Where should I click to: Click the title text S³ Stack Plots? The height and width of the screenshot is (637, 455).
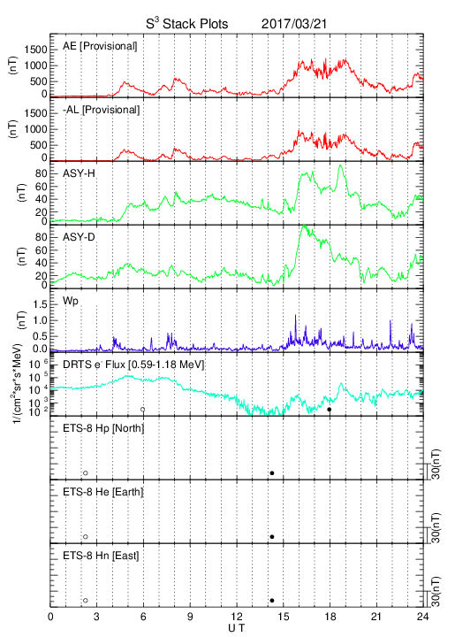click(187, 24)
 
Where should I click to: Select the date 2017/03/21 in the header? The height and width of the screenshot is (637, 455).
click(294, 24)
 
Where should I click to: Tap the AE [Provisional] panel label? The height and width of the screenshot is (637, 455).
click(100, 46)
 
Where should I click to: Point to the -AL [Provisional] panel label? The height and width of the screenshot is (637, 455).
click(101, 110)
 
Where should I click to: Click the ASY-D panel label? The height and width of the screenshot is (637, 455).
click(79, 237)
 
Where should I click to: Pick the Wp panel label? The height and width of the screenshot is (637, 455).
click(70, 301)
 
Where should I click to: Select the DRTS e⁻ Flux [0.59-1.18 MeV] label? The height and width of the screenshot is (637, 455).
click(133, 365)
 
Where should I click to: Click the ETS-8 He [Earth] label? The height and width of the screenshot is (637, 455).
click(103, 492)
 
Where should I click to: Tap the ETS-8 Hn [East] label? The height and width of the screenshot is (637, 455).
click(101, 556)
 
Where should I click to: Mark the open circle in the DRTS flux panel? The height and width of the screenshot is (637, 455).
click(143, 410)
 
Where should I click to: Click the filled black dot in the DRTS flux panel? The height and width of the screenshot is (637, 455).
click(330, 410)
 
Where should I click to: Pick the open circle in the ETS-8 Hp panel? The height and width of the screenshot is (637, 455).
click(86, 472)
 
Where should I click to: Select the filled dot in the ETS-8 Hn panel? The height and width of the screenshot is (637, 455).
click(272, 601)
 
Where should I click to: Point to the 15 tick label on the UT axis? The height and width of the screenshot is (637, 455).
click(284, 617)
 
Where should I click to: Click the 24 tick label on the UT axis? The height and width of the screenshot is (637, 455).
click(422, 617)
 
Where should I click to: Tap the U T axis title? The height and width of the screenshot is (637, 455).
click(237, 628)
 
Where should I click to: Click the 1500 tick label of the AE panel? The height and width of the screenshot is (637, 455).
click(35, 50)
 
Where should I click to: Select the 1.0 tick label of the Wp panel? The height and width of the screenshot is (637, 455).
click(40, 320)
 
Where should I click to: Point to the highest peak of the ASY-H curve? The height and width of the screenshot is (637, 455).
click(340, 165)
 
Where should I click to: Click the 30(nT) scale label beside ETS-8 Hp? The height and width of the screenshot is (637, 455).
click(436, 464)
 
